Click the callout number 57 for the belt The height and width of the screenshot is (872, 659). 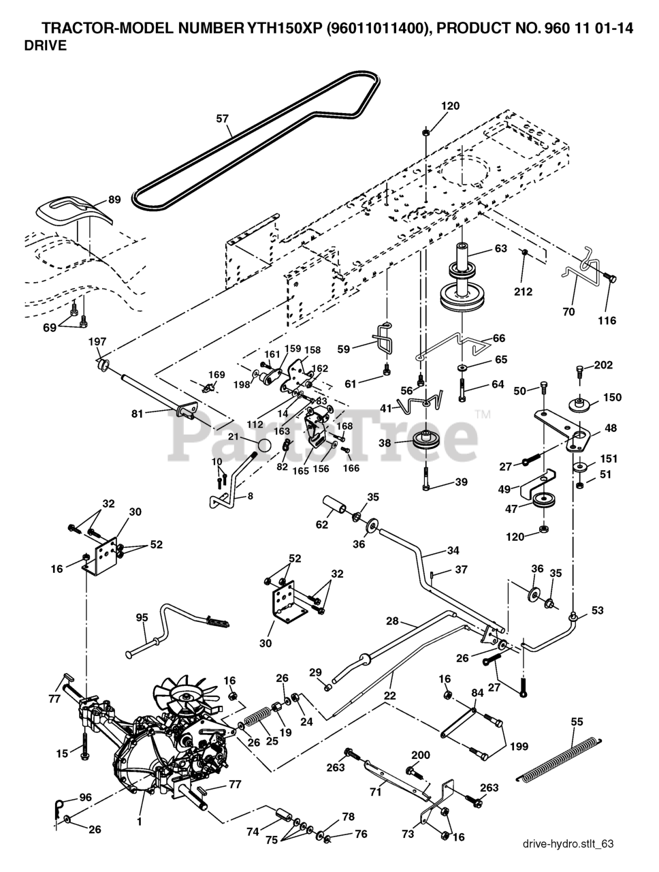point(223,118)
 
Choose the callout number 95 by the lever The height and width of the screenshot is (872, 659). point(142,618)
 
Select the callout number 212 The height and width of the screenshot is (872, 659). point(523,292)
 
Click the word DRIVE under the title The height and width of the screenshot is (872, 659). point(45,46)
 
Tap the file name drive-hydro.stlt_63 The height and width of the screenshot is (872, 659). point(568,844)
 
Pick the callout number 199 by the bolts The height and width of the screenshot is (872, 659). point(519,747)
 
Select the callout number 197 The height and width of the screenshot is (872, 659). point(97,341)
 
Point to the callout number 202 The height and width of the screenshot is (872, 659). point(603,364)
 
